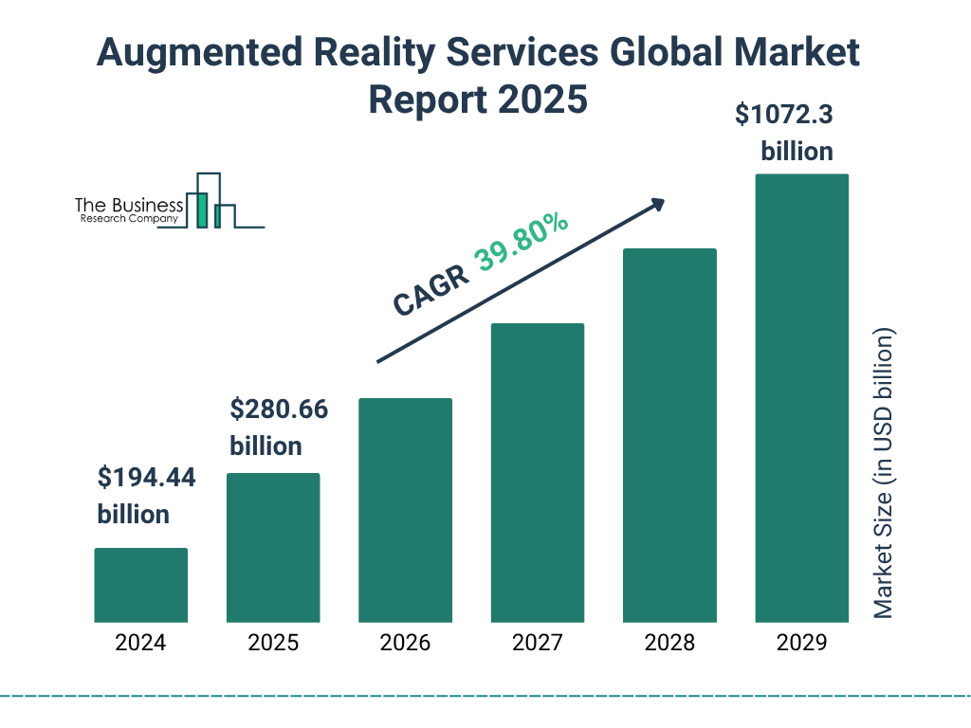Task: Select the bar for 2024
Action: [140, 585]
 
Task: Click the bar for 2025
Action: [273, 547]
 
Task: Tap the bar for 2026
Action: [405, 510]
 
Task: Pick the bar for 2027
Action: [538, 472]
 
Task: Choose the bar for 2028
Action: [669, 435]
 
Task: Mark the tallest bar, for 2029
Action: [801, 398]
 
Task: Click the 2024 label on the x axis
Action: [140, 643]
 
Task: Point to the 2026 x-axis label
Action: [405, 643]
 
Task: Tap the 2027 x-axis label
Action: [538, 643]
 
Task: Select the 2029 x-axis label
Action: [801, 643]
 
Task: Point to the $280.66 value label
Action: [279, 410]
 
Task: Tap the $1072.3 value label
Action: [784, 116]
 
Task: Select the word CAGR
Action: [431, 290]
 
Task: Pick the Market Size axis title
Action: [884, 474]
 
